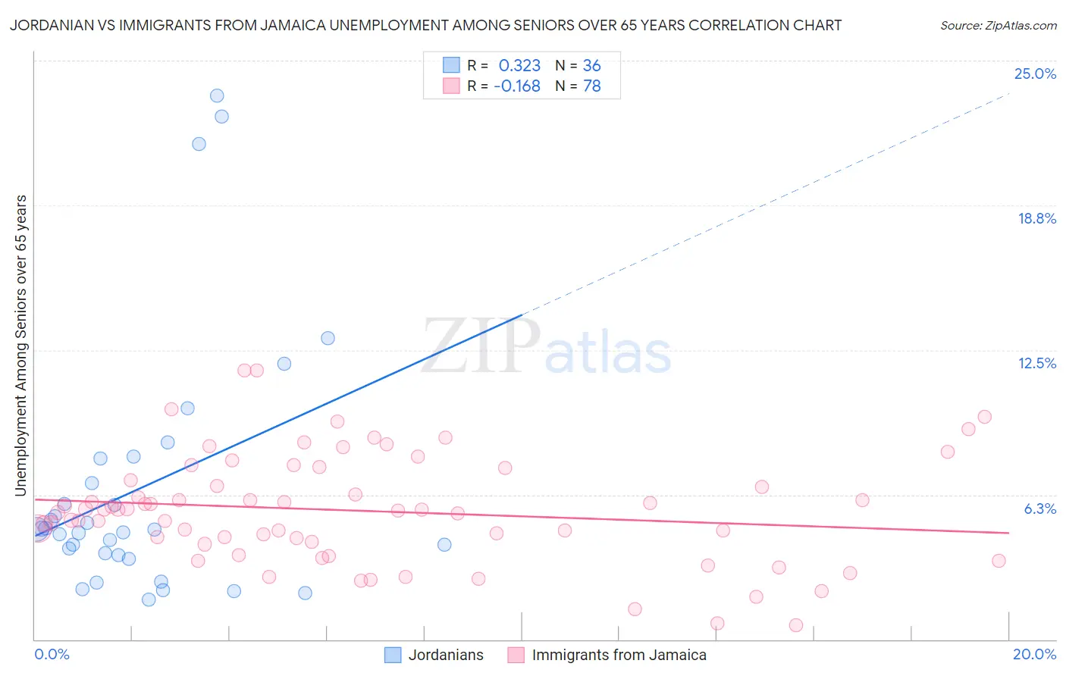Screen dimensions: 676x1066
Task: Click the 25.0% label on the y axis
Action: pos(1034,74)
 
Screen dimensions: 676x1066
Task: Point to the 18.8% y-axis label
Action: pos(1036,218)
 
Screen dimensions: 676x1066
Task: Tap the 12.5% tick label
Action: pos(1036,363)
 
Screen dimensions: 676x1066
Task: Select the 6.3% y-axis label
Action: pos(1039,509)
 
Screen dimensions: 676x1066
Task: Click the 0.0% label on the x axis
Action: pos(52,654)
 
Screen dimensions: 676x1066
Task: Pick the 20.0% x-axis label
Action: pos(1033,654)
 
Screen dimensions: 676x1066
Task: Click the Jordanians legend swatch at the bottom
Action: pos(393,655)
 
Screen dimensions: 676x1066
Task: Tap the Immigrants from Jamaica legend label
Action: pos(619,655)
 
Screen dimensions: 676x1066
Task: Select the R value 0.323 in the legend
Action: pos(519,66)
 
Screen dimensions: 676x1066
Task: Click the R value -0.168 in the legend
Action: pos(516,86)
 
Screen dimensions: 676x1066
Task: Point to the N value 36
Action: pos(591,66)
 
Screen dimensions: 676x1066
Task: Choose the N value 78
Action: pos(591,86)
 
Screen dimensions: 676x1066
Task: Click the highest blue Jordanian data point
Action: pos(217,95)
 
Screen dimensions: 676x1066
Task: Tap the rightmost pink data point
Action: pos(999,561)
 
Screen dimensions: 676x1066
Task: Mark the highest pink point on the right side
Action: pos(985,417)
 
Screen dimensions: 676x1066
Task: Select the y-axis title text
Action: pos(21,346)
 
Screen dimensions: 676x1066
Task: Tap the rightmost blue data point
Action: pos(444,545)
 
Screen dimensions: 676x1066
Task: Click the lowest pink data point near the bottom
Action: pos(796,625)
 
